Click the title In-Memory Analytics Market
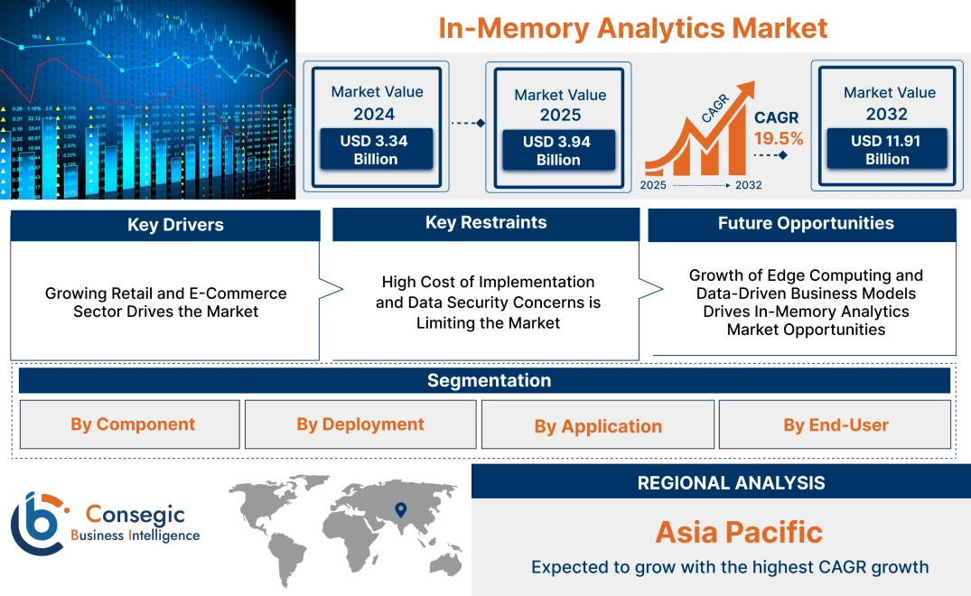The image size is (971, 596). [632, 27]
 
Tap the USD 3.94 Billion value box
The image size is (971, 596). [558, 151]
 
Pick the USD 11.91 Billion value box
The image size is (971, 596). [887, 149]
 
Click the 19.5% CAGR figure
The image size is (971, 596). [778, 138]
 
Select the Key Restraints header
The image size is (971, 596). [486, 223]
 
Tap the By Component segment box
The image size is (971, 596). [133, 424]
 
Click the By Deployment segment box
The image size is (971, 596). [360, 424]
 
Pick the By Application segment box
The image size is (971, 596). [598, 426]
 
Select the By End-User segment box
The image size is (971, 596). [836, 424]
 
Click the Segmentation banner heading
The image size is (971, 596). [489, 380]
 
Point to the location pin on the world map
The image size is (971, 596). [400, 510]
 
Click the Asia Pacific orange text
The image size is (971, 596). [739, 532]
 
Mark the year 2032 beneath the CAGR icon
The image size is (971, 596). [749, 185]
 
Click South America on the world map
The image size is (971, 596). [288, 556]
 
